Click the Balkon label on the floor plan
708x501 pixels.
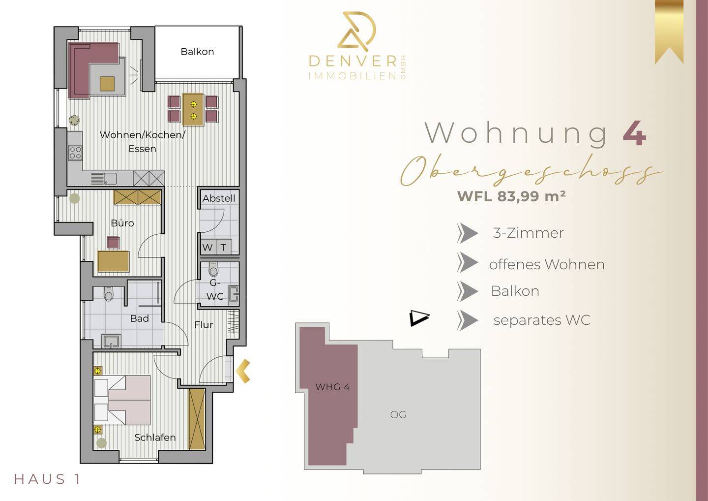(197, 52)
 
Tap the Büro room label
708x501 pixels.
(122, 223)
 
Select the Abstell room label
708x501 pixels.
(219, 198)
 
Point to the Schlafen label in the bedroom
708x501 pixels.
(155, 438)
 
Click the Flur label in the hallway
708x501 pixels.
(204, 325)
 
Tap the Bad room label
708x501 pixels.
(140, 318)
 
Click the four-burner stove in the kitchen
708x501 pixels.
(75, 153)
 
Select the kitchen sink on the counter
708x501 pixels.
(104, 179)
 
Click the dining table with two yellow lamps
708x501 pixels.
(193, 109)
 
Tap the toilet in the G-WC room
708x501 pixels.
(213, 269)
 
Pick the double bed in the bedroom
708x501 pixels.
(122, 400)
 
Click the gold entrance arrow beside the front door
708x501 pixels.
(243, 371)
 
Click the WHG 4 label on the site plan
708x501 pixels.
(332, 387)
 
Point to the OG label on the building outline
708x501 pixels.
(398, 415)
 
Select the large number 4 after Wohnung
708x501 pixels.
(635, 133)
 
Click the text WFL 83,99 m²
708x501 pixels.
(511, 196)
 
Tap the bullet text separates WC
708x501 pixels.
(542, 320)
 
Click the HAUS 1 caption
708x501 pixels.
(47, 479)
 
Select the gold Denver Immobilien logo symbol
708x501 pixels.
(357, 31)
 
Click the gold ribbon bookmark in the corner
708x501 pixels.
(669, 32)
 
